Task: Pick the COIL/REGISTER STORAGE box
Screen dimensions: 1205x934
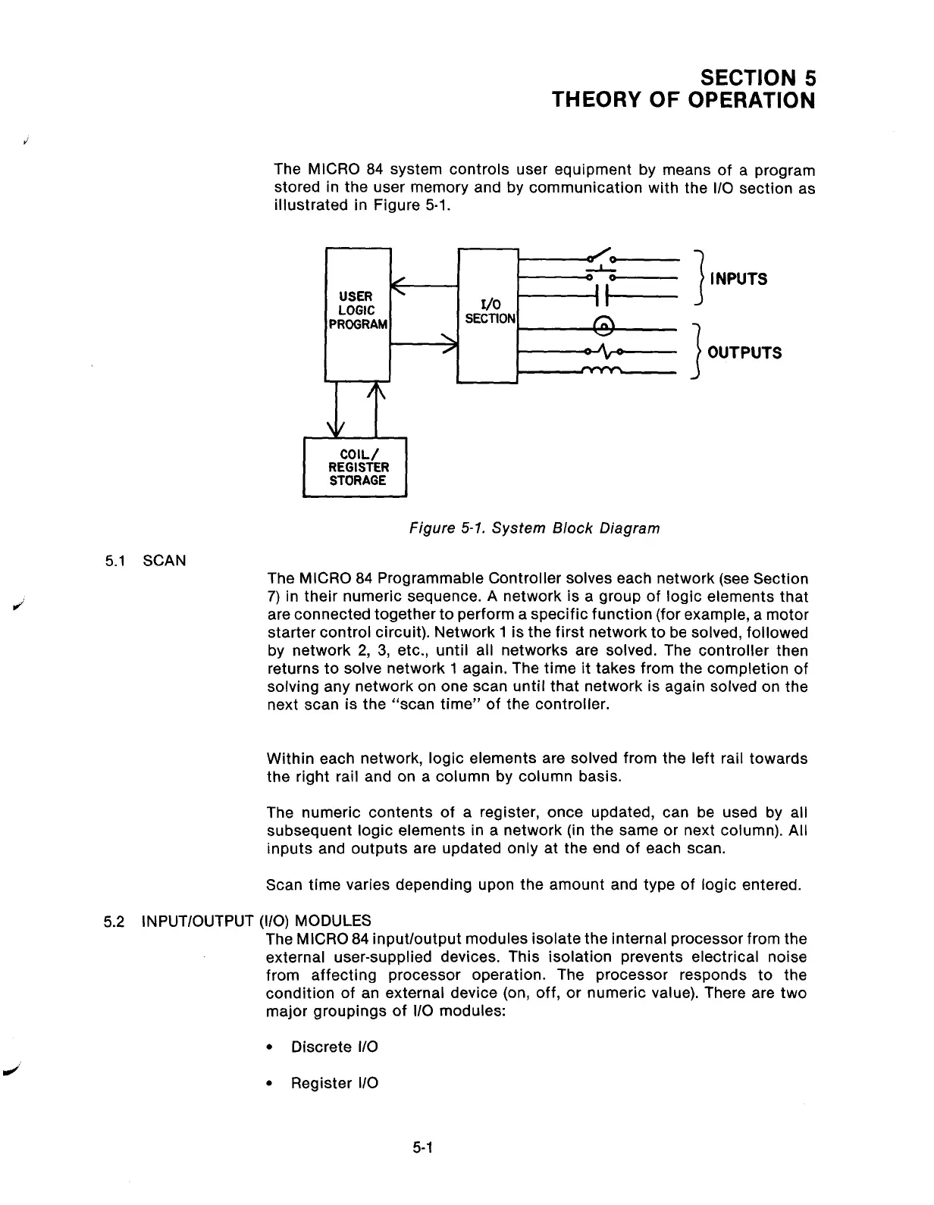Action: click(356, 468)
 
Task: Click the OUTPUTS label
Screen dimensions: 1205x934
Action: click(743, 353)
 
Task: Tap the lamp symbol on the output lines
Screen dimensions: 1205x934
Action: click(604, 325)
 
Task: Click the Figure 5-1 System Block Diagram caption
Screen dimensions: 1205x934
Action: click(534, 528)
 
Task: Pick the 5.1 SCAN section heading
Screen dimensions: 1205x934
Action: click(145, 561)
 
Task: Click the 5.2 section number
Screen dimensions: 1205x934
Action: click(114, 921)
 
